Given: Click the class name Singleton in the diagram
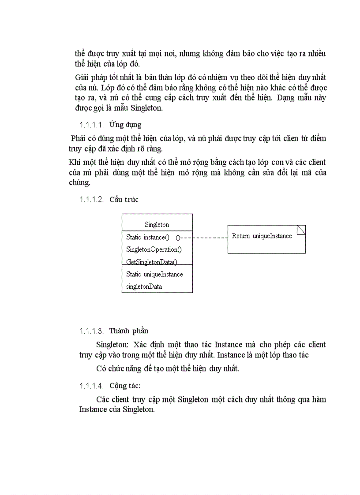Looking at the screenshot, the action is pyautogui.click(x=157, y=224).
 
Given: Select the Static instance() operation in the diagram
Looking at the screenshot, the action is pyautogui.click(x=147, y=237).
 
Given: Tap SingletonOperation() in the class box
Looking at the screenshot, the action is pyautogui.click(x=154, y=249).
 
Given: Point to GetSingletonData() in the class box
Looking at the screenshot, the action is pyautogui.click(x=151, y=262).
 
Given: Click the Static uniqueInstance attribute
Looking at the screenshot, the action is pyautogui.click(x=154, y=274).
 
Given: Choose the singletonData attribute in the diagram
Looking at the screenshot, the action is pyautogui.click(x=144, y=287).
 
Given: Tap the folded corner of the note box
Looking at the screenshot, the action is pyautogui.click(x=301, y=230).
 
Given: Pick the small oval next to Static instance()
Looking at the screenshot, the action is pyautogui.click(x=178, y=238).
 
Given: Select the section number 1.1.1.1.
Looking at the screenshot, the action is pyautogui.click(x=91, y=125).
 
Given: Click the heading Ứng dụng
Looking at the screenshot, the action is pyautogui.click(x=125, y=125).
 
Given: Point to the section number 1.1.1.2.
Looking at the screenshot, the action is pyautogui.click(x=91, y=200).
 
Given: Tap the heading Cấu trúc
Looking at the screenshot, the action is pyautogui.click(x=124, y=199).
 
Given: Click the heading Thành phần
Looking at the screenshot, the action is pyautogui.click(x=129, y=331).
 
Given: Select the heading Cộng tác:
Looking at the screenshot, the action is pyautogui.click(x=125, y=386).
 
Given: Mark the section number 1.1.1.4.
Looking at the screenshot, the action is pyautogui.click(x=91, y=386).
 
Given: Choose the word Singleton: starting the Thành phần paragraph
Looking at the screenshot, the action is pyautogui.click(x=112, y=344).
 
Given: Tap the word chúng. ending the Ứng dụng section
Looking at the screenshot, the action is pyautogui.click(x=80, y=182).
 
